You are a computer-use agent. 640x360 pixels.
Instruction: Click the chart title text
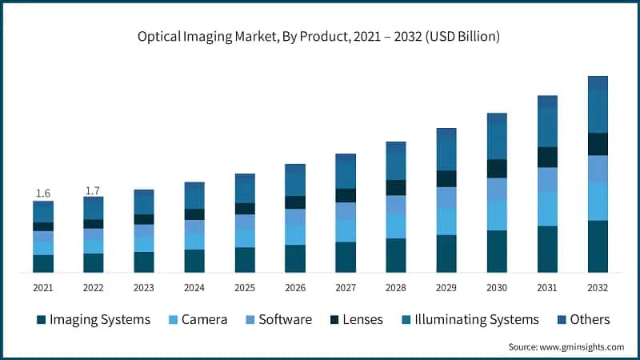tap(319, 36)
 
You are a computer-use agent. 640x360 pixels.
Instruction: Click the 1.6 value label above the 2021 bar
tap(43, 194)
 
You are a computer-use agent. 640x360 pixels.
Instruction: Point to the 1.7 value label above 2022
tap(94, 190)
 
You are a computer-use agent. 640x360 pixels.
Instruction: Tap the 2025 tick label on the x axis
tap(245, 287)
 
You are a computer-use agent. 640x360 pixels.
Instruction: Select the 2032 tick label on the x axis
tap(598, 287)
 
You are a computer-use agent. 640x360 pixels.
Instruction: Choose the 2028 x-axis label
tap(396, 287)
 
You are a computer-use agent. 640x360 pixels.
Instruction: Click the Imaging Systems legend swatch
tap(41, 320)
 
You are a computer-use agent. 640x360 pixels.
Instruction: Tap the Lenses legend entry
tap(357, 320)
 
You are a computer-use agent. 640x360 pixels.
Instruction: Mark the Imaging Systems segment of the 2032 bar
tap(598, 246)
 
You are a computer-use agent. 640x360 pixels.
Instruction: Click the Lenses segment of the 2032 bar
tap(598, 144)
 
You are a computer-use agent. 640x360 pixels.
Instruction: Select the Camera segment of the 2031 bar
tap(547, 209)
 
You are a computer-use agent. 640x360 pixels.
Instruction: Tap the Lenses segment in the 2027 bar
tap(346, 195)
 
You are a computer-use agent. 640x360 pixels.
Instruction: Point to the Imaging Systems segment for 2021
tap(43, 264)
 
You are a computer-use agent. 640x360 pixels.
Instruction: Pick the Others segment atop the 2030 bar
tap(497, 118)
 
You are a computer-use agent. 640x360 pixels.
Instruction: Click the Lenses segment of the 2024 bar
tap(194, 214)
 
